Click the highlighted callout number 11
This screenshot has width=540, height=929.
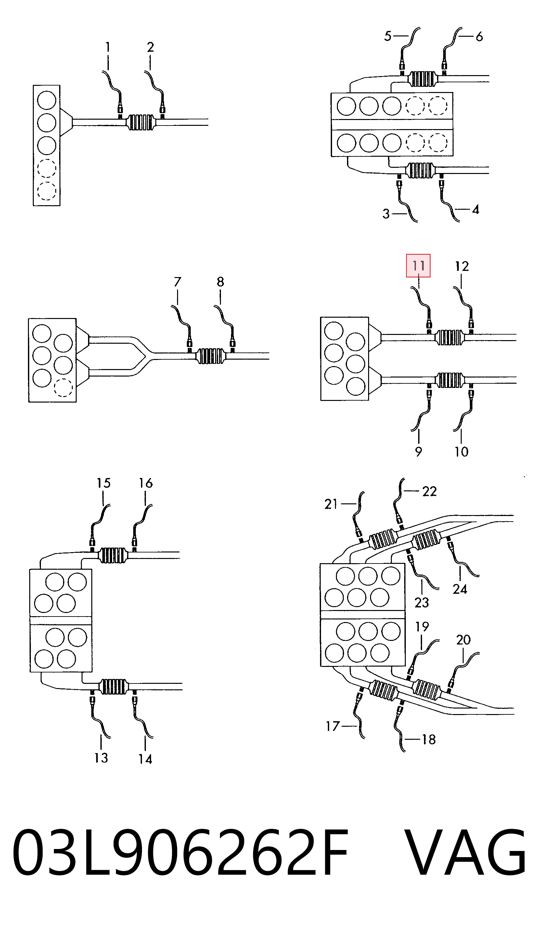click(418, 265)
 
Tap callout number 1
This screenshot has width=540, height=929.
click(108, 47)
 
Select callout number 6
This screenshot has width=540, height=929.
click(479, 36)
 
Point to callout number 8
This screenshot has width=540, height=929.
click(220, 282)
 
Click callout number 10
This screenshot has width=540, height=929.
click(461, 452)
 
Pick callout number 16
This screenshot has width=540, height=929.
click(146, 483)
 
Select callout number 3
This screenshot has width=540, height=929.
click(386, 214)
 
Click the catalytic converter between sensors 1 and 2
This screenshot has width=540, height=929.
click(140, 122)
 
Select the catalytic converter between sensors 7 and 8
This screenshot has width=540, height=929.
click(211, 356)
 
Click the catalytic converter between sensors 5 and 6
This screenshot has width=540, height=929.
click(422, 78)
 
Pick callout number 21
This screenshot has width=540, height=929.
click(331, 504)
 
